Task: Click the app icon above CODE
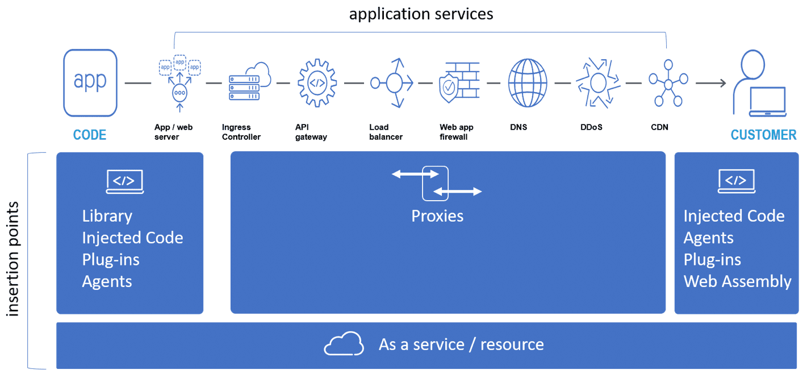(x=90, y=83)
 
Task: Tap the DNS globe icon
(x=528, y=83)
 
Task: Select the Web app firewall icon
(x=459, y=83)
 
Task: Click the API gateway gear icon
(x=317, y=83)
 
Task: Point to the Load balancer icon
(x=391, y=83)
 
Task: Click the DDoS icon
(x=597, y=83)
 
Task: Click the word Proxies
(x=437, y=216)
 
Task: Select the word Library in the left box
(x=107, y=216)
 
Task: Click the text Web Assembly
(x=737, y=281)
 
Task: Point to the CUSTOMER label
(x=763, y=135)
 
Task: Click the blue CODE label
(x=90, y=135)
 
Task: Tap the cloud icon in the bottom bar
(x=343, y=344)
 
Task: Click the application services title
(x=421, y=13)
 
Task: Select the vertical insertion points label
(x=12, y=259)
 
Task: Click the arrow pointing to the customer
(x=710, y=84)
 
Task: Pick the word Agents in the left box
(x=107, y=281)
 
